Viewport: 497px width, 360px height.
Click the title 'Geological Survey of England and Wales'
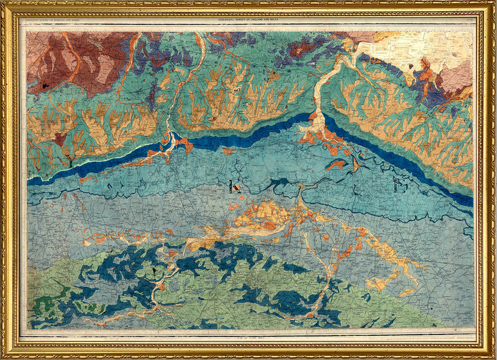coord(248,20)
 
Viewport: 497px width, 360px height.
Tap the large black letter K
coord(235,186)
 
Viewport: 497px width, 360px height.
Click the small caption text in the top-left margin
coord(53,21)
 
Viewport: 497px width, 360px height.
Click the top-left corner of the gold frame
coord(3,3)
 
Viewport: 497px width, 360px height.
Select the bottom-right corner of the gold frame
coord(494,357)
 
